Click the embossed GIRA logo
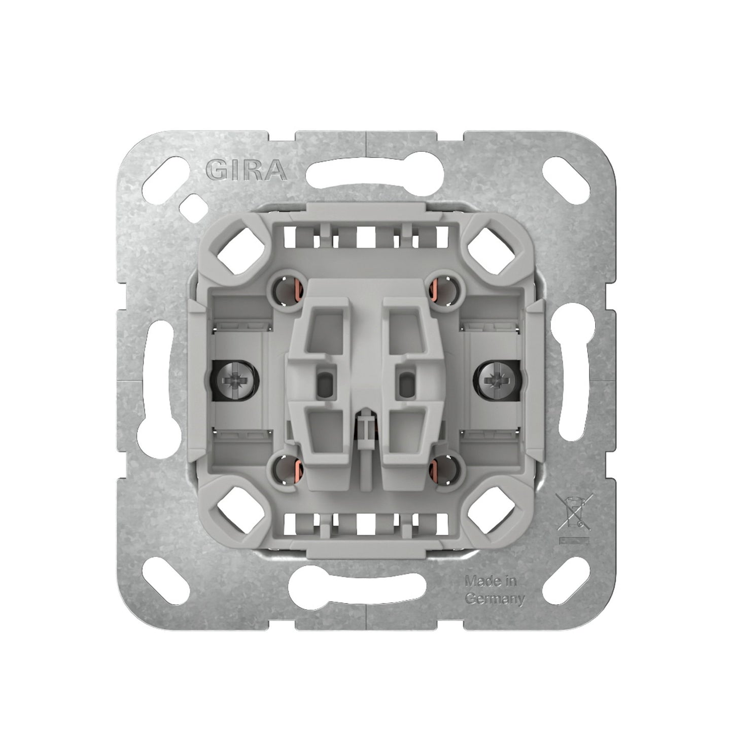coord(246,169)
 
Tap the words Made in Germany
coord(495,590)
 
